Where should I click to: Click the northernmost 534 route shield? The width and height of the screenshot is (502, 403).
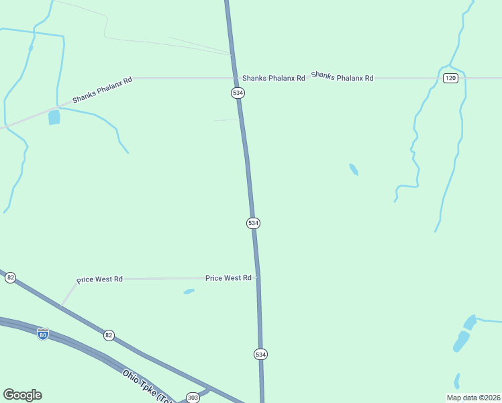coord(238,93)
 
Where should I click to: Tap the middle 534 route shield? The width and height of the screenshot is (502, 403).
coord(253,222)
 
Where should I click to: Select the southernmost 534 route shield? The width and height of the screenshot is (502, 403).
coord(261,354)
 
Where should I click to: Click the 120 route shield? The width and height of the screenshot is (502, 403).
coord(450,79)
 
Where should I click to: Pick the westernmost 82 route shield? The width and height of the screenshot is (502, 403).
coord(10,277)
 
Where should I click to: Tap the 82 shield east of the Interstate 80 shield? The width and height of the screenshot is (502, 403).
coord(109,334)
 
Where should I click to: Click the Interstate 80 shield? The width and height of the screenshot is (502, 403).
coord(42,334)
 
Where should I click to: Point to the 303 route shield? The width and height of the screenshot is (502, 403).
coord(193,397)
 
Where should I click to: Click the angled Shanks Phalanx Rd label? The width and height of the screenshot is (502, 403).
coord(102,89)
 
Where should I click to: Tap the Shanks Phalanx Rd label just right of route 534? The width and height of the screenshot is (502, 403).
coord(274,78)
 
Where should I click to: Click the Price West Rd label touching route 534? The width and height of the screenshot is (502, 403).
coord(228,277)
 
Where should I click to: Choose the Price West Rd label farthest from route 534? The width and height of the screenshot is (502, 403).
coord(99,279)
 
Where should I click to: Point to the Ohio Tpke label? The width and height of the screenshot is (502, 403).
coord(144,386)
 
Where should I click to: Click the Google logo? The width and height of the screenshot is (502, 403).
coord(22,395)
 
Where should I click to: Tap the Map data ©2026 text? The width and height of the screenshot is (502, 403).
coord(473,397)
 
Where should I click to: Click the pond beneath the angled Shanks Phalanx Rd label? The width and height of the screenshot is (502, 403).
coord(54,118)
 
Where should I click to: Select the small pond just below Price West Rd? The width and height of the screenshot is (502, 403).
coord(189,292)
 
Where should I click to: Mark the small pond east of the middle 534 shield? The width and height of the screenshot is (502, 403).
coord(354,169)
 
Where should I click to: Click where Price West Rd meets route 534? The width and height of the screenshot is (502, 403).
coord(257,277)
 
